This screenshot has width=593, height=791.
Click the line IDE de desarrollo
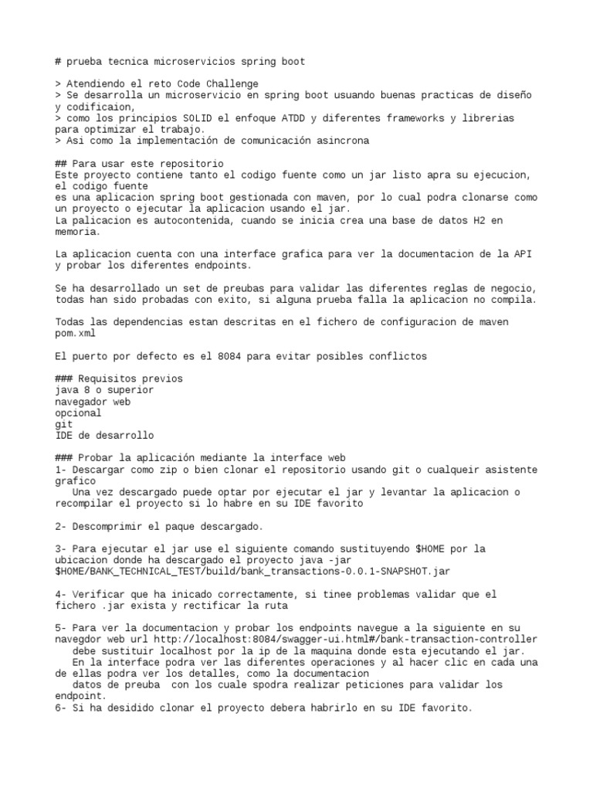pyautogui.click(x=104, y=436)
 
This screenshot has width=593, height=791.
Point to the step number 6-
pyautogui.click(x=62, y=708)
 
